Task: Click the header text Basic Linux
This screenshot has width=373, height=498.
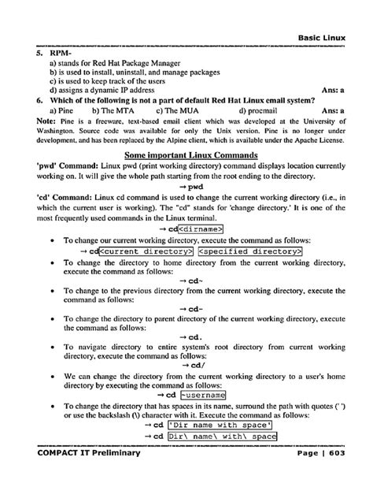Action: [x=329, y=37]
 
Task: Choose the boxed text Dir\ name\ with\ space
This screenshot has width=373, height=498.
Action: [x=221, y=436]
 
